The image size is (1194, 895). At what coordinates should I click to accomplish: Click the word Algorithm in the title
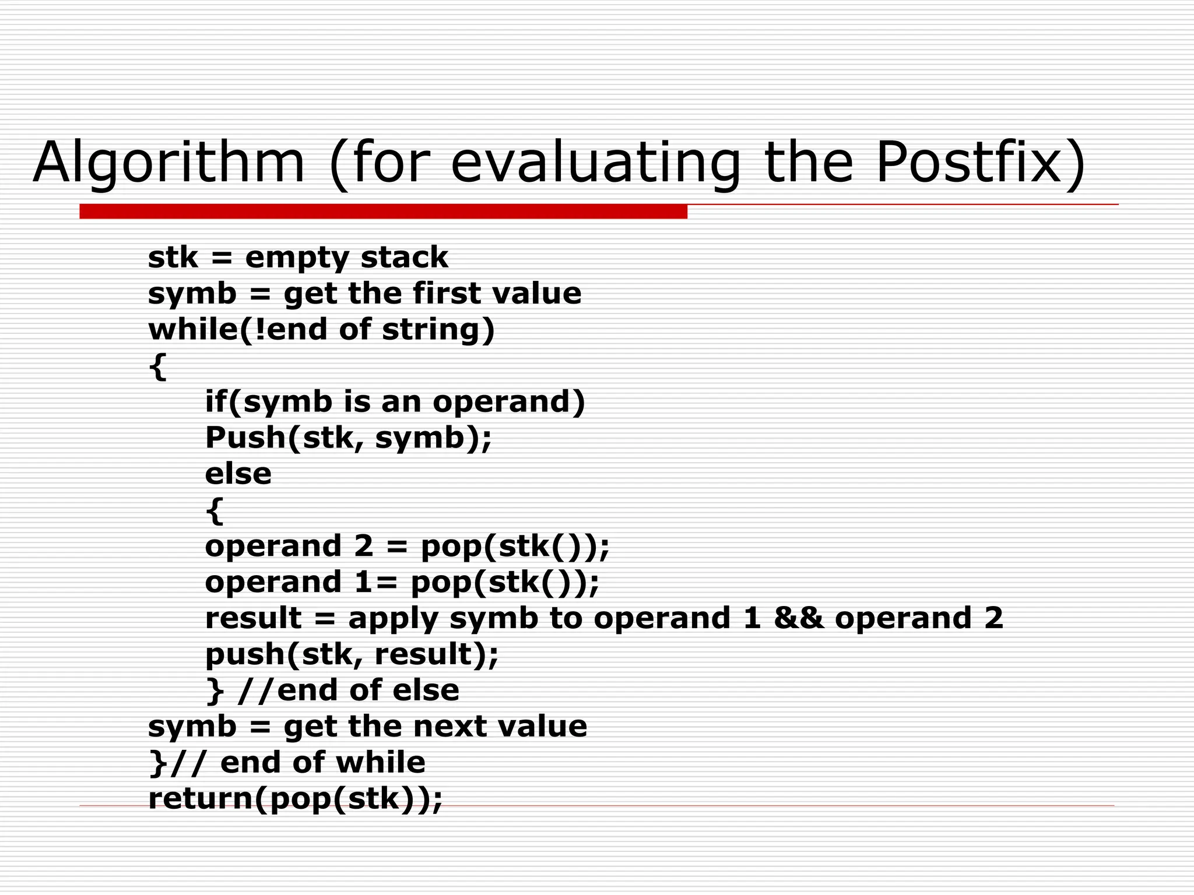pos(169,163)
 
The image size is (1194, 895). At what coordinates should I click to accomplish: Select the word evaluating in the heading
pos(595,163)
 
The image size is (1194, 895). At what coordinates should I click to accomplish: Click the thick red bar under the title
pos(383,212)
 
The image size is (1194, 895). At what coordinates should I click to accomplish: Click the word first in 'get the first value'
pos(448,293)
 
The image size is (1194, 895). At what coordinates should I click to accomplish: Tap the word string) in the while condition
pos(438,330)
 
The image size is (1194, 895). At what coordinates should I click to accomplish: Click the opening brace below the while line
pos(157,367)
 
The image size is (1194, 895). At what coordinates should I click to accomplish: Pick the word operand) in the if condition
pos(508,402)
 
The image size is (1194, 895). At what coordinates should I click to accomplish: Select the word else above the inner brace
pos(238,474)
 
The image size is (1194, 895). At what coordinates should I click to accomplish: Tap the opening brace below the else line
pos(214,510)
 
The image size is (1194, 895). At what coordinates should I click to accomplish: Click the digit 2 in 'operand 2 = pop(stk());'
pos(363,546)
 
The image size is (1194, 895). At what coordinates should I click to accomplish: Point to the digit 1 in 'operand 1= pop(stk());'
pos(361,582)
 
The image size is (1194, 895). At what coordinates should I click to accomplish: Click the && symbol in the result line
pos(799,618)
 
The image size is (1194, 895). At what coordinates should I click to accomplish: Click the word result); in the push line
pos(436,654)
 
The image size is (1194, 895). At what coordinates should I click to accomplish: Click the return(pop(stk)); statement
pos(296,799)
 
